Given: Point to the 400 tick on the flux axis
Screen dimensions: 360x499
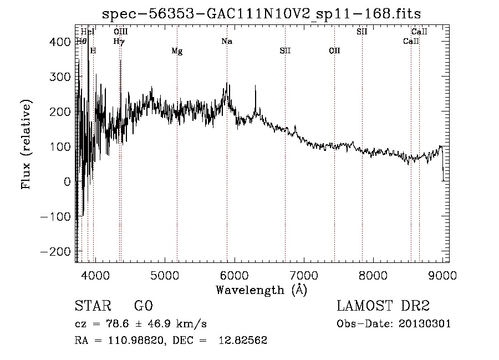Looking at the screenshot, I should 57,42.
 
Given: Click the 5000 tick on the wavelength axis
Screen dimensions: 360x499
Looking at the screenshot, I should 164,275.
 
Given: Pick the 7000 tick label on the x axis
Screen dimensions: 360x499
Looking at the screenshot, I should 303,275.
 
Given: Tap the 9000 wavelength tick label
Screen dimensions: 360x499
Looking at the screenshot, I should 442,275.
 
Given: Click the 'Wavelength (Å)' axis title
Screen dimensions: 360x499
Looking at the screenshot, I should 261,290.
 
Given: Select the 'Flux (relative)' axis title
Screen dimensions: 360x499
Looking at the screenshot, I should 27,144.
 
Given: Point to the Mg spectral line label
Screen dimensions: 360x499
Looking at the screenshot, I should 177,51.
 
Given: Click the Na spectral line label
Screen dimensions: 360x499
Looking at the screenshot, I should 226,41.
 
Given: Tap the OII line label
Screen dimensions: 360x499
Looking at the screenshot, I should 334,51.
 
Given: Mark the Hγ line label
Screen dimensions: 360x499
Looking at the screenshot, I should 119,41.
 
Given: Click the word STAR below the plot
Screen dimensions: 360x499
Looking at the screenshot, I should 92,306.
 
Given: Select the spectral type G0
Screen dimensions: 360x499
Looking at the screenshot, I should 143,306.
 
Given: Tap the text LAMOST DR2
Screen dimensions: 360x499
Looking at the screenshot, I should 383,306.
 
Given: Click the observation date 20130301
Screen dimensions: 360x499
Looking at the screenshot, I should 426,324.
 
